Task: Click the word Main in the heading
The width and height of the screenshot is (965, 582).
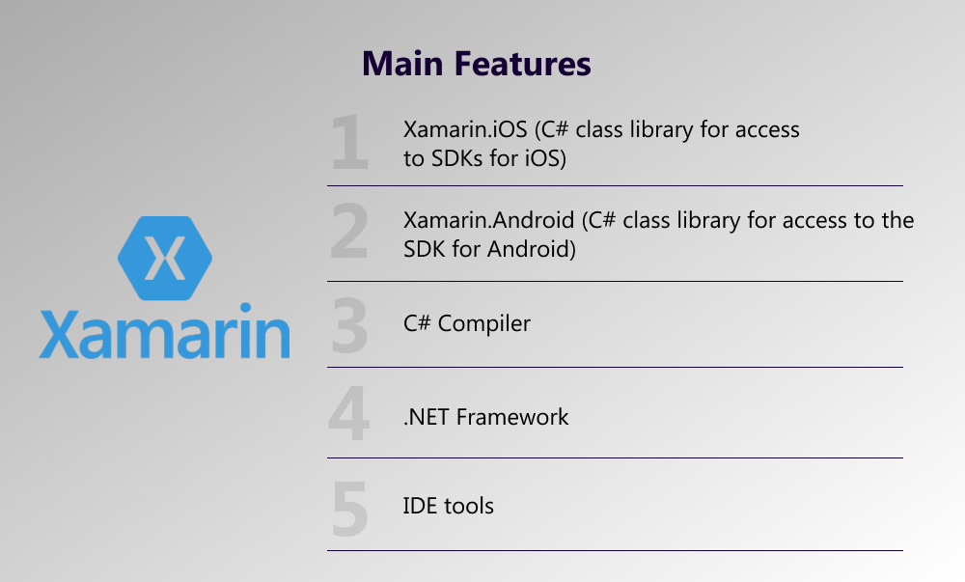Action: coord(402,64)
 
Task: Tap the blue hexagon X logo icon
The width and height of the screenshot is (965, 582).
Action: coord(165,259)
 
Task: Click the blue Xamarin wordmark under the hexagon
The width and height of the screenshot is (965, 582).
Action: coord(164,331)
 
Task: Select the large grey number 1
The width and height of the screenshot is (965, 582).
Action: coord(349,142)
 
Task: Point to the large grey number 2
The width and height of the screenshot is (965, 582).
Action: coord(349,232)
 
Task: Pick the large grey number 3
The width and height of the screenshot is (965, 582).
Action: coord(349,325)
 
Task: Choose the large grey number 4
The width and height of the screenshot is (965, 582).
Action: coord(349,413)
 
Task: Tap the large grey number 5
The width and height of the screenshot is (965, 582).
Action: coord(349,509)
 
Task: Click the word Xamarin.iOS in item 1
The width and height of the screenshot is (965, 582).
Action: coord(465,129)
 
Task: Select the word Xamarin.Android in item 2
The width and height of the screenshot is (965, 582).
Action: coord(488,220)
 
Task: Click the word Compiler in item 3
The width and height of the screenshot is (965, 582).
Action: coord(483,324)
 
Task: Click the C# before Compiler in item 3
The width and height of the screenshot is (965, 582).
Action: coord(417,323)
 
